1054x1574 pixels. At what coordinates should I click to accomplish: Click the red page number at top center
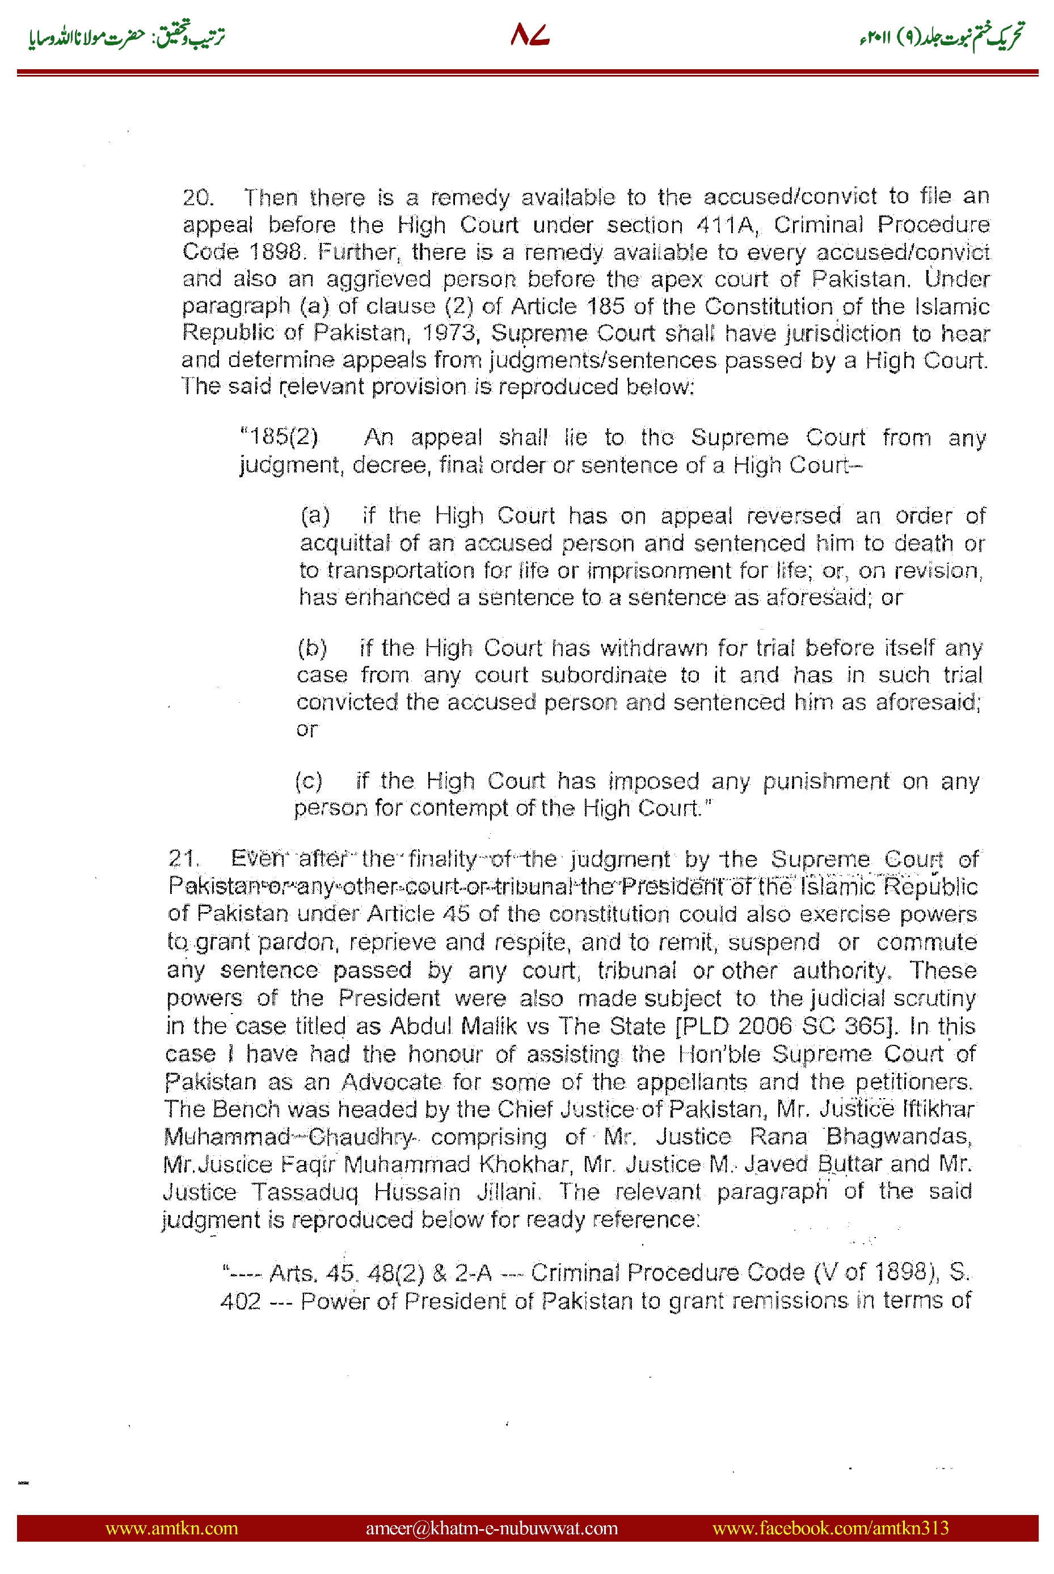coord(530,35)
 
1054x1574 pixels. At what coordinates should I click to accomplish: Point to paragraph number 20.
coord(197,197)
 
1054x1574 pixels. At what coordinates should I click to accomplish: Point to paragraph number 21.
coord(183,858)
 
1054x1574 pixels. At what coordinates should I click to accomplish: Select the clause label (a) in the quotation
coord(315,516)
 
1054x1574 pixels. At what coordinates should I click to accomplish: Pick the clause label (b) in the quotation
coord(313,648)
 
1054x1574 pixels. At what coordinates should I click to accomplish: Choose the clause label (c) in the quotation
coord(309,781)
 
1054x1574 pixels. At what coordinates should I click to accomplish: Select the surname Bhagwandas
coord(899,1136)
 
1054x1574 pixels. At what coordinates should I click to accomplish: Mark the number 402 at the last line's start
coord(241,1301)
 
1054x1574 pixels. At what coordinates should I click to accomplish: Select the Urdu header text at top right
coord(941,36)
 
